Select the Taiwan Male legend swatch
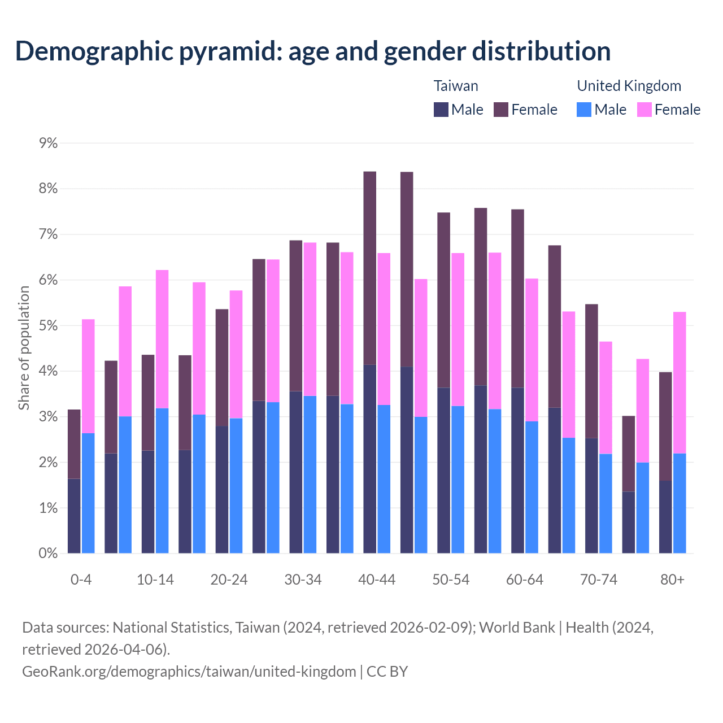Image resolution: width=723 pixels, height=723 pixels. tap(441, 110)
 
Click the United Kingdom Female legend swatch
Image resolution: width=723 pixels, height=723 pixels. tap(644, 110)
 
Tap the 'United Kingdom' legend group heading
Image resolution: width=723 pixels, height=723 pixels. tap(629, 86)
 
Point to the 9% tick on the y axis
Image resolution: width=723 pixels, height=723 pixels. tap(48, 143)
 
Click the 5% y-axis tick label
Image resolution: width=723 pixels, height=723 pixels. tap(48, 326)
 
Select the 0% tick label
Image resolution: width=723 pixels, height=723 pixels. tap(48, 554)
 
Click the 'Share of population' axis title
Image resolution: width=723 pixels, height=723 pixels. tap(24, 347)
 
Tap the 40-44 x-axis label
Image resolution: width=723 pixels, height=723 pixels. tap(377, 580)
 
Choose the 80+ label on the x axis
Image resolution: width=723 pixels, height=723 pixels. tap(672, 580)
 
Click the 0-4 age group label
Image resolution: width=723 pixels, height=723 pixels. tap(81, 580)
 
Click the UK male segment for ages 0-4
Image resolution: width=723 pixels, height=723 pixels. tap(88, 493)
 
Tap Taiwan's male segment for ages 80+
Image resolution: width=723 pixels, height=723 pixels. tap(665, 517)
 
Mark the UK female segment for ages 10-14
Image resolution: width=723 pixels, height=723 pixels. tap(162, 339)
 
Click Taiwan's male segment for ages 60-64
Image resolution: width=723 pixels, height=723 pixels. tap(517, 471)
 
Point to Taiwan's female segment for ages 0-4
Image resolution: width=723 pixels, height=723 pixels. tap(74, 444)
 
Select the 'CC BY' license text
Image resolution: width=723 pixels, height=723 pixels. tap(387, 672)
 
